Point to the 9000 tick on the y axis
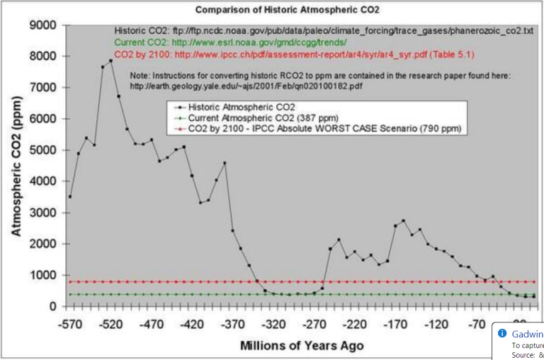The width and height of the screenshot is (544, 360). pyautogui.click(x=42, y=26)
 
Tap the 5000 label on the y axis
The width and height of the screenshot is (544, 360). pyautogui.click(x=42, y=150)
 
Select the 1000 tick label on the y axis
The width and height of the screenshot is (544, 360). pyautogui.click(x=42, y=275)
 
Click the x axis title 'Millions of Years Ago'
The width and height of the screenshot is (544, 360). pyautogui.click(x=302, y=346)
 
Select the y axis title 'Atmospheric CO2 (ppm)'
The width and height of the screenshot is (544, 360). pyautogui.click(x=16, y=167)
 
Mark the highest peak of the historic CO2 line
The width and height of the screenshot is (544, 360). pyautogui.click(x=111, y=60)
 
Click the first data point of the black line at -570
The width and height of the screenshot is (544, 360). pyautogui.click(x=70, y=196)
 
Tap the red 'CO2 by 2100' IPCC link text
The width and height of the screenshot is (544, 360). pyautogui.click(x=294, y=54)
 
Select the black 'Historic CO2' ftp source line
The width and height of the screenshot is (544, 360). pyautogui.click(x=323, y=32)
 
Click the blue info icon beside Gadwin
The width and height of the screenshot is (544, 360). pyautogui.click(x=502, y=333)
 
